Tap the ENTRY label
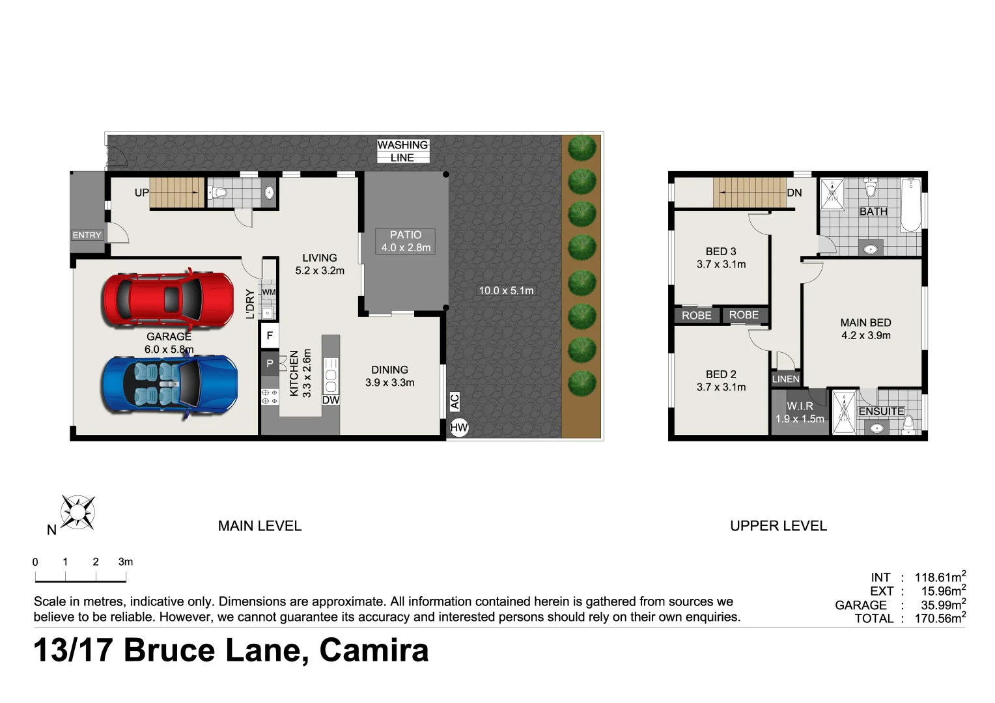click(x=87, y=235)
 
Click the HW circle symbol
click(x=459, y=428)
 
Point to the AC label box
click(x=455, y=401)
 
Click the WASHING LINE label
click(x=402, y=151)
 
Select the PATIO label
click(x=406, y=235)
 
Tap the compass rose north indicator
click(x=77, y=512)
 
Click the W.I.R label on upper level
click(x=800, y=406)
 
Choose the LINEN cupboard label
click(x=785, y=379)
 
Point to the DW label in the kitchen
click(x=331, y=400)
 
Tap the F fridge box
click(x=270, y=336)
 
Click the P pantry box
click(x=270, y=364)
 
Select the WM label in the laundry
click(x=269, y=292)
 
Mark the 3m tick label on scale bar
click(x=126, y=562)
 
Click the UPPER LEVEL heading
click(x=778, y=526)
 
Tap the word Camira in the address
click(x=374, y=650)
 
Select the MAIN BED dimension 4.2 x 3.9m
click(x=865, y=335)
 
